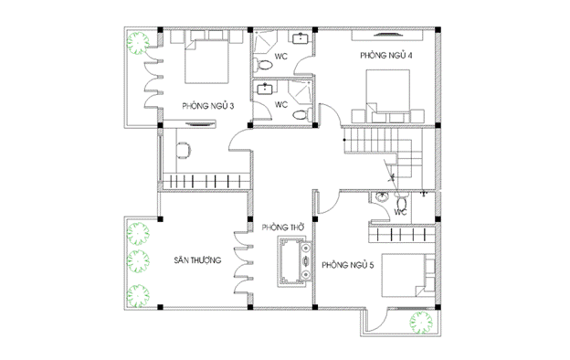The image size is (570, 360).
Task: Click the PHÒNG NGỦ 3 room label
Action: [208, 106]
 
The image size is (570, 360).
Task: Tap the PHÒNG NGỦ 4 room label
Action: [386, 55]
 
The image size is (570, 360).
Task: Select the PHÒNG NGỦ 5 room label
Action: [347, 265]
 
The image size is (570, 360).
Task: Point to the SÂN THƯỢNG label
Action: [197, 260]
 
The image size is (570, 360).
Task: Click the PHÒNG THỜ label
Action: [283, 228]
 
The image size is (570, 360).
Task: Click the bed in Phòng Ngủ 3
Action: [206, 62]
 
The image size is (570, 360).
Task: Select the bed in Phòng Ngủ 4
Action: [388, 91]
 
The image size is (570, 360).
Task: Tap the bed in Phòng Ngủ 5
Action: [404, 276]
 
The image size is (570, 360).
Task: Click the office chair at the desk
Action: [184, 150]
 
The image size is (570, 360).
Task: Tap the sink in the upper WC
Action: [301, 37]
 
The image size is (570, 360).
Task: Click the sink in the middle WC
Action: [265, 89]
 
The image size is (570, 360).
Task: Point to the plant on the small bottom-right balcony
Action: [421, 323]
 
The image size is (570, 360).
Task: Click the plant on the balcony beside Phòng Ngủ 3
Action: [138, 43]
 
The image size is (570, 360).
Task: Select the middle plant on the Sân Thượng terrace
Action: [138, 261]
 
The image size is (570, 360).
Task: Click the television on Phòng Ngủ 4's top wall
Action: [387, 35]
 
